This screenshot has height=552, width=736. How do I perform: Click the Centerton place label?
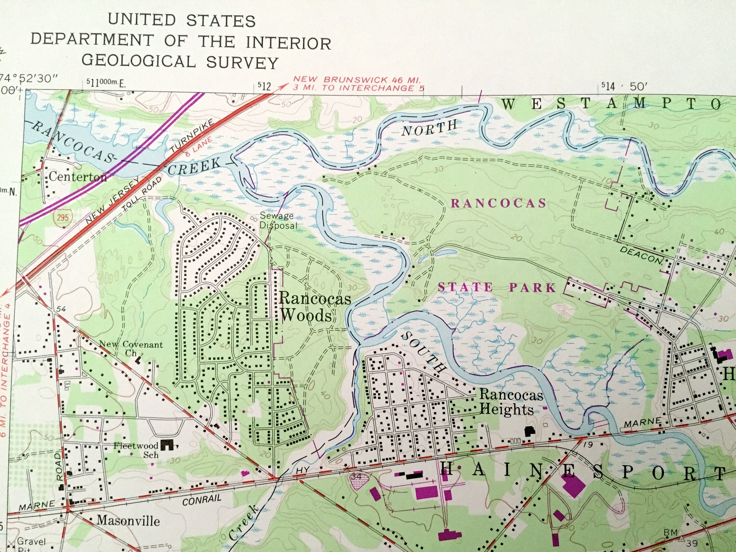click(x=78, y=176)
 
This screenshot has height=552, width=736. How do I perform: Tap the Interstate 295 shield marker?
click(x=62, y=218)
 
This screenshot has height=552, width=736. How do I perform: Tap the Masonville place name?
click(x=128, y=520)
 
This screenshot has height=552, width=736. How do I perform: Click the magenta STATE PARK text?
click(x=497, y=287)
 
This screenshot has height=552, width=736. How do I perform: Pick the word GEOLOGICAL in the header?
click(x=138, y=62)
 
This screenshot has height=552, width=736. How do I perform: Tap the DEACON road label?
click(x=641, y=255)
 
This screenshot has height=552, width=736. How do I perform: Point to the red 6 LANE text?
click(x=199, y=147)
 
